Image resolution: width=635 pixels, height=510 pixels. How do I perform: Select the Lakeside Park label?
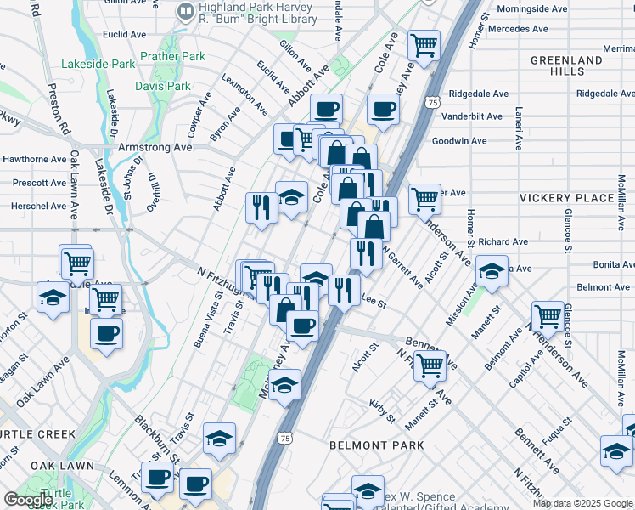98,64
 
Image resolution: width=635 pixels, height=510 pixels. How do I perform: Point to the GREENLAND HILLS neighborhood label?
566,66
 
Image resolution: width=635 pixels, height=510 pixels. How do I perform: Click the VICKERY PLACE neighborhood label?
566,198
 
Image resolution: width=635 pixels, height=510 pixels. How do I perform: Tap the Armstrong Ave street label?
160,146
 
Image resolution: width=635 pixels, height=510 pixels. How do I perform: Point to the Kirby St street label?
384,412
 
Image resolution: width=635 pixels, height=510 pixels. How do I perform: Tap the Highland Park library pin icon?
185,12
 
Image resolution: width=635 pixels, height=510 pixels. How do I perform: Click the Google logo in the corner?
28,500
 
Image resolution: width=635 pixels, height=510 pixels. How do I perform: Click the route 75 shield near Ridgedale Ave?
433,102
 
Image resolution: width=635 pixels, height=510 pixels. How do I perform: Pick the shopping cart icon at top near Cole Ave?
424,44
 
